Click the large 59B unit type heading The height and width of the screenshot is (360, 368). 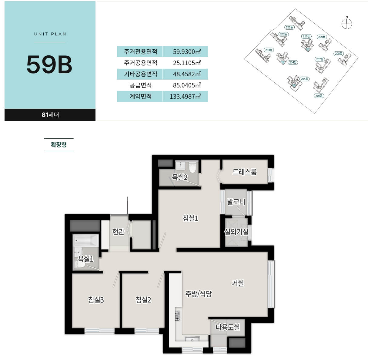pos(49,64)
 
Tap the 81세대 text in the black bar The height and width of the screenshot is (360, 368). pos(50,115)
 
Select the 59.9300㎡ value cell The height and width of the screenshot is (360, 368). pos(187,51)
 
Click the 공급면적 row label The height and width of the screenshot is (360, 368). pos(141,85)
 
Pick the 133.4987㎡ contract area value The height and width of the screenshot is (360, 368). pos(185,96)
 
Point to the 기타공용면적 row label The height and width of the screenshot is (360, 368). pos(141,74)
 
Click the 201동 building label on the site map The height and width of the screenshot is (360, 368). pos(289,27)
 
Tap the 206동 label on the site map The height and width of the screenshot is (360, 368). pos(319,96)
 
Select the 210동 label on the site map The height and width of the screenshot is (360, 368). pos(306,36)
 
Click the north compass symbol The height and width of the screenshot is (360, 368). pos(346,23)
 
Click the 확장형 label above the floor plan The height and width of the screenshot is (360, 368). pos(59,144)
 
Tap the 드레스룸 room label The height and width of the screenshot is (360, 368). pos(244,172)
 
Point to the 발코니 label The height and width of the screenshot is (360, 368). pos(236,202)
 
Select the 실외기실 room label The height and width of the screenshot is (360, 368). pos(236,232)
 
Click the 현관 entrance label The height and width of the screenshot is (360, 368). pos(118,232)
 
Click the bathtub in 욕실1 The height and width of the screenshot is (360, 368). pos(86,240)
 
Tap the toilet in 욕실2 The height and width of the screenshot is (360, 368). pos(192,167)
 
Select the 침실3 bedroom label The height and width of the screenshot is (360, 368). pos(96,300)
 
